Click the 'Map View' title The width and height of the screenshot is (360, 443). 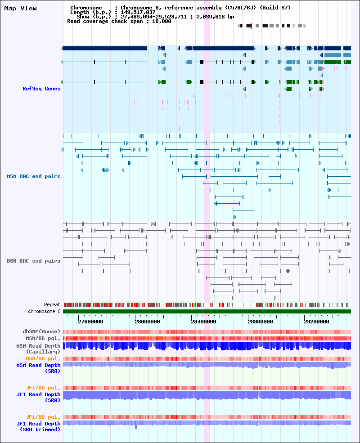tap(20, 9)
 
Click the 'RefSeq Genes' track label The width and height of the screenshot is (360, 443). tap(41, 89)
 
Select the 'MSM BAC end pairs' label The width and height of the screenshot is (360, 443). tap(34, 176)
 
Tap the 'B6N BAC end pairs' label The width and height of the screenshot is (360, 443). tap(34, 261)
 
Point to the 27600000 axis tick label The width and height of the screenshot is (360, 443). tap(90, 322)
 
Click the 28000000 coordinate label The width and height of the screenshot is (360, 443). tap(147, 322)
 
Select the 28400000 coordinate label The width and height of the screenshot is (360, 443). tap(203, 322)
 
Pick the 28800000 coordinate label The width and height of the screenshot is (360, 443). tap(260, 322)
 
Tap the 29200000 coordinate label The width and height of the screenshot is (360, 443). tap(316, 322)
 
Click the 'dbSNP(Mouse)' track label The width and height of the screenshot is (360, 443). tap(41, 331)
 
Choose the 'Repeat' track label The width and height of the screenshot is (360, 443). tap(52, 304)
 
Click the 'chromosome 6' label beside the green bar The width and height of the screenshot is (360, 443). tap(44, 311)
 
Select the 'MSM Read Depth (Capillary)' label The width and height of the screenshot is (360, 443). tap(38, 349)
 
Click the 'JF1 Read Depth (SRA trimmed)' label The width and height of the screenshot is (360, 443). tap(38, 426)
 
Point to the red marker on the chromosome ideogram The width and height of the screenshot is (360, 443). tap(251, 26)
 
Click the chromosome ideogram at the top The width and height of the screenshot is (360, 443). tap(272, 26)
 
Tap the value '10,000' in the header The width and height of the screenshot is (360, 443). tap(162, 21)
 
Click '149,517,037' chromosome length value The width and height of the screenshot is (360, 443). tap(138, 12)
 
